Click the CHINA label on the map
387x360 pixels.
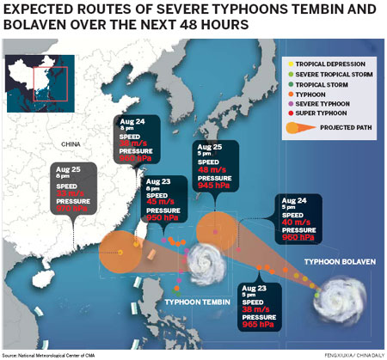coord(71,143)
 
